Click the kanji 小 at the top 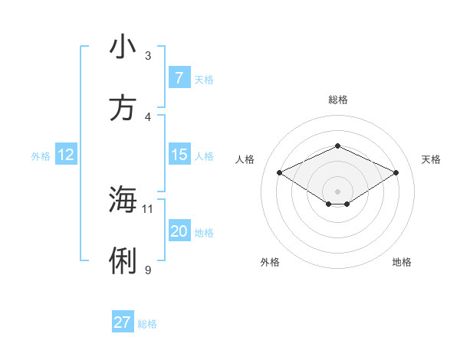pyautogui.click(x=123, y=47)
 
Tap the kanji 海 pyautogui.click(x=123, y=200)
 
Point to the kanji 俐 pyautogui.click(x=123, y=261)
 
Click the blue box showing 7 pyautogui.click(x=179, y=77)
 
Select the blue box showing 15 pyautogui.click(x=179, y=155)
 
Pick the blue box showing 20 pyautogui.click(x=179, y=231)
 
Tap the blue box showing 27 pyautogui.click(x=123, y=322)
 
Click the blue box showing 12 pyautogui.click(x=66, y=155)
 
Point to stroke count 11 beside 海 pyautogui.click(x=148, y=208)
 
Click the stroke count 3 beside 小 pyautogui.click(x=148, y=55)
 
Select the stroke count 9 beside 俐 pyautogui.click(x=148, y=270)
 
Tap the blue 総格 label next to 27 pyautogui.click(x=147, y=324)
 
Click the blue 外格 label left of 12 pyautogui.click(x=41, y=156)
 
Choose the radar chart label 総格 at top pyautogui.click(x=337, y=100)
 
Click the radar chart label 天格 pyautogui.click(x=431, y=159)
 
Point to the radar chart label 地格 pyautogui.click(x=402, y=262)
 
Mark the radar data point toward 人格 pyautogui.click(x=279, y=172)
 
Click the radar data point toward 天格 pyautogui.click(x=396, y=172)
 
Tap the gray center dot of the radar pyautogui.click(x=337, y=191)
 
